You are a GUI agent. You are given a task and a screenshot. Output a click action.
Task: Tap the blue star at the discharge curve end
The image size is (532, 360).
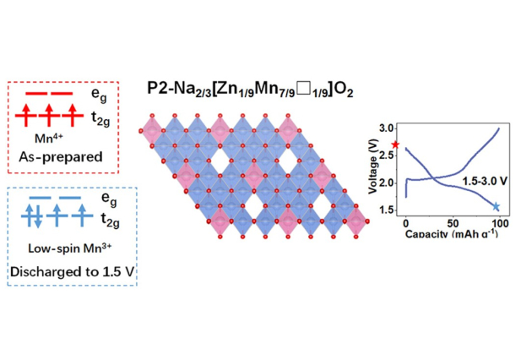[x=497, y=206]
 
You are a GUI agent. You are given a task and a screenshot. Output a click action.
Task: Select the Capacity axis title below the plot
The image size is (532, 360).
[x=453, y=232]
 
